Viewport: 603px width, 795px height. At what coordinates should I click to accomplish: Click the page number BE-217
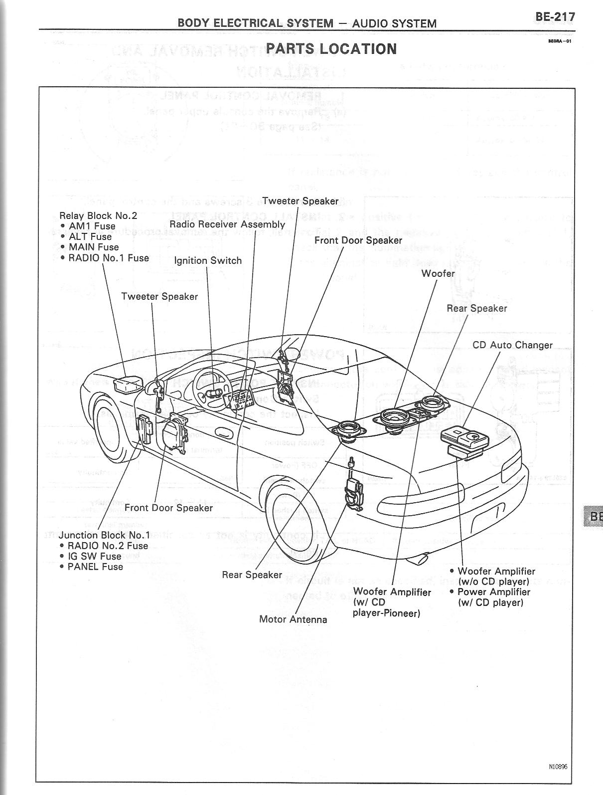coord(555,17)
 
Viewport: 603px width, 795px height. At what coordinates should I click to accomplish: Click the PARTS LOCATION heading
coord(331,49)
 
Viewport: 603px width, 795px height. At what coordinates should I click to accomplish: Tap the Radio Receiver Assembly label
coord(227,224)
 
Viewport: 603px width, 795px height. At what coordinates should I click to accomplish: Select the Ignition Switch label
coord(207,260)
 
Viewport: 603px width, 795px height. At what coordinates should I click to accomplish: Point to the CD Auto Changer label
coord(512,345)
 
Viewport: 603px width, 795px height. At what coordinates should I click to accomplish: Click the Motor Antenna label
coord(293,619)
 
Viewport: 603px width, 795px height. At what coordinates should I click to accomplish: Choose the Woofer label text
coord(438,273)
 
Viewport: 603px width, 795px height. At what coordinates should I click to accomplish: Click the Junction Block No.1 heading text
coord(104,535)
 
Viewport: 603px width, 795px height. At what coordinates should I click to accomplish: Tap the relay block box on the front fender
coord(128,385)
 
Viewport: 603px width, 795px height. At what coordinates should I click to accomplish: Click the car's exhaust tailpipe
coord(420,559)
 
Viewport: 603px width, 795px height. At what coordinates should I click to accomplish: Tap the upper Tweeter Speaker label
coord(300,201)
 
